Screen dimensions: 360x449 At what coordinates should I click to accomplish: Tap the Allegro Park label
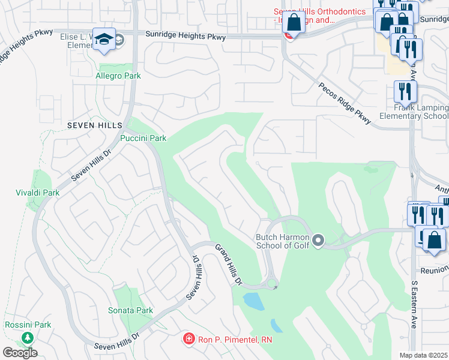(118, 76)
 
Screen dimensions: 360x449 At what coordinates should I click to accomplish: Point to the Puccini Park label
(143, 138)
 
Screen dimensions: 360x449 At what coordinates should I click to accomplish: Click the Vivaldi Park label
(37, 193)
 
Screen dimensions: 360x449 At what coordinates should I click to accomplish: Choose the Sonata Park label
(130, 310)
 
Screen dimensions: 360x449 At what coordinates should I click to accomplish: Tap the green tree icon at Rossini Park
(27, 338)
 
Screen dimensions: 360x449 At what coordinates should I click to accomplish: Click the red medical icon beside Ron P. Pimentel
(188, 340)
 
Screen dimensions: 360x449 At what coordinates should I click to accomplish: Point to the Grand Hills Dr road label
(229, 265)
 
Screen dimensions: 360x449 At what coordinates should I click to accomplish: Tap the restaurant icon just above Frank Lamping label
(405, 91)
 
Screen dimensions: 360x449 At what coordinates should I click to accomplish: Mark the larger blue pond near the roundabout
(253, 301)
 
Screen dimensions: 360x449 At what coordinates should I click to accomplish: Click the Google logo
(20, 353)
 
